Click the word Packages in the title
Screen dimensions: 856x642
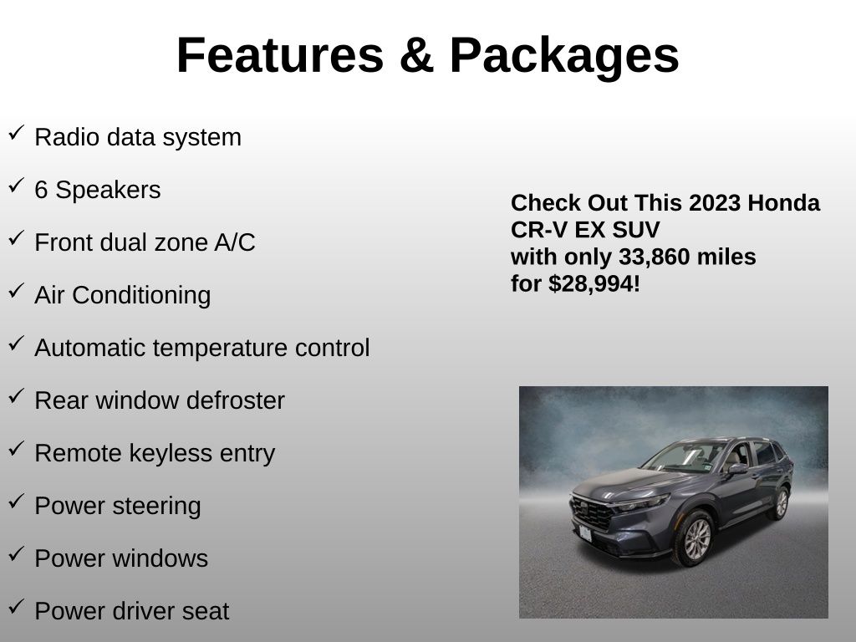pyautogui.click(x=564, y=58)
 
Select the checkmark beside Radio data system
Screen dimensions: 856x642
pyautogui.click(x=17, y=133)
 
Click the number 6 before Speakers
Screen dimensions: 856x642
pyautogui.click(x=41, y=190)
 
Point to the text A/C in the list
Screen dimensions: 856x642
pyautogui.click(x=235, y=242)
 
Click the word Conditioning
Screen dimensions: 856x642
pyautogui.click(x=141, y=296)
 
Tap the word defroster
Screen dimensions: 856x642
pyautogui.click(x=235, y=400)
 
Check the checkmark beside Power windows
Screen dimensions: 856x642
pyautogui.click(x=17, y=553)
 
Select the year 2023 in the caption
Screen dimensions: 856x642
pyautogui.click(x=715, y=203)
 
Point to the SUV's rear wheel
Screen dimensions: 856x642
pyautogui.click(x=782, y=503)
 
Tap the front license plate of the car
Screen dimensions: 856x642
pyautogui.click(x=585, y=533)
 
